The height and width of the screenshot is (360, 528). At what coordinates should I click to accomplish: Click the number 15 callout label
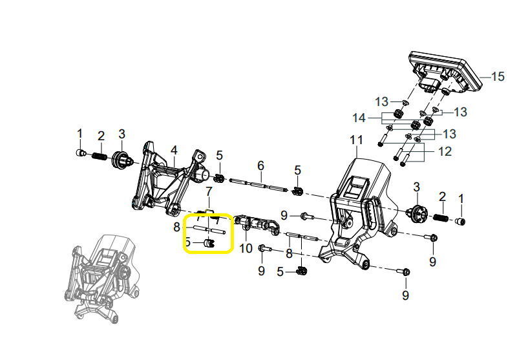point(497,77)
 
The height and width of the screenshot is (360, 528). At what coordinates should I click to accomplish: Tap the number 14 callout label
point(377,118)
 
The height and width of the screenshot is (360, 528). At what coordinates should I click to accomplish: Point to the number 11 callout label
point(357,140)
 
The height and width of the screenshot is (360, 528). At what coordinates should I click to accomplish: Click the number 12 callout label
point(445,153)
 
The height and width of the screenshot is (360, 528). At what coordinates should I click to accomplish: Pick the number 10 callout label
point(246,248)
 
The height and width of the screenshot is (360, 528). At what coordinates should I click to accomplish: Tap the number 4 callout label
point(173,151)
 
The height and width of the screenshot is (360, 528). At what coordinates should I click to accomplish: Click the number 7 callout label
point(209,191)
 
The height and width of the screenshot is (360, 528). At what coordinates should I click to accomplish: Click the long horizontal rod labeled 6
point(259,183)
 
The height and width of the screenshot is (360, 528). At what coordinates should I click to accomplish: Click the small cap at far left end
point(80,153)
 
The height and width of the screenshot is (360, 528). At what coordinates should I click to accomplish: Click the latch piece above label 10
point(259,224)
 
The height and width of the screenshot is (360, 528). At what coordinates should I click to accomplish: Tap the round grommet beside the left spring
point(121,158)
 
